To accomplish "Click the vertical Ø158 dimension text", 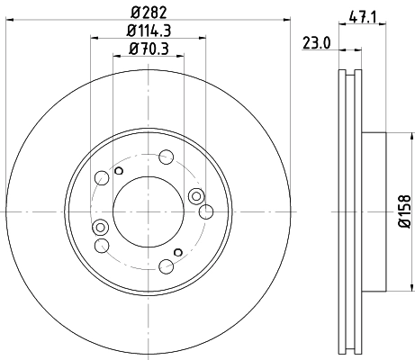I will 404,211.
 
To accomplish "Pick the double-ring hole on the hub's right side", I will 197,195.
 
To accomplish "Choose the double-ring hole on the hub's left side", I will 101,226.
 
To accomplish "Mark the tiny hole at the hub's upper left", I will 120,169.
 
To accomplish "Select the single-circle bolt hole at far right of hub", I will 206,212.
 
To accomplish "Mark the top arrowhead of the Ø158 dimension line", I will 393,136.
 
